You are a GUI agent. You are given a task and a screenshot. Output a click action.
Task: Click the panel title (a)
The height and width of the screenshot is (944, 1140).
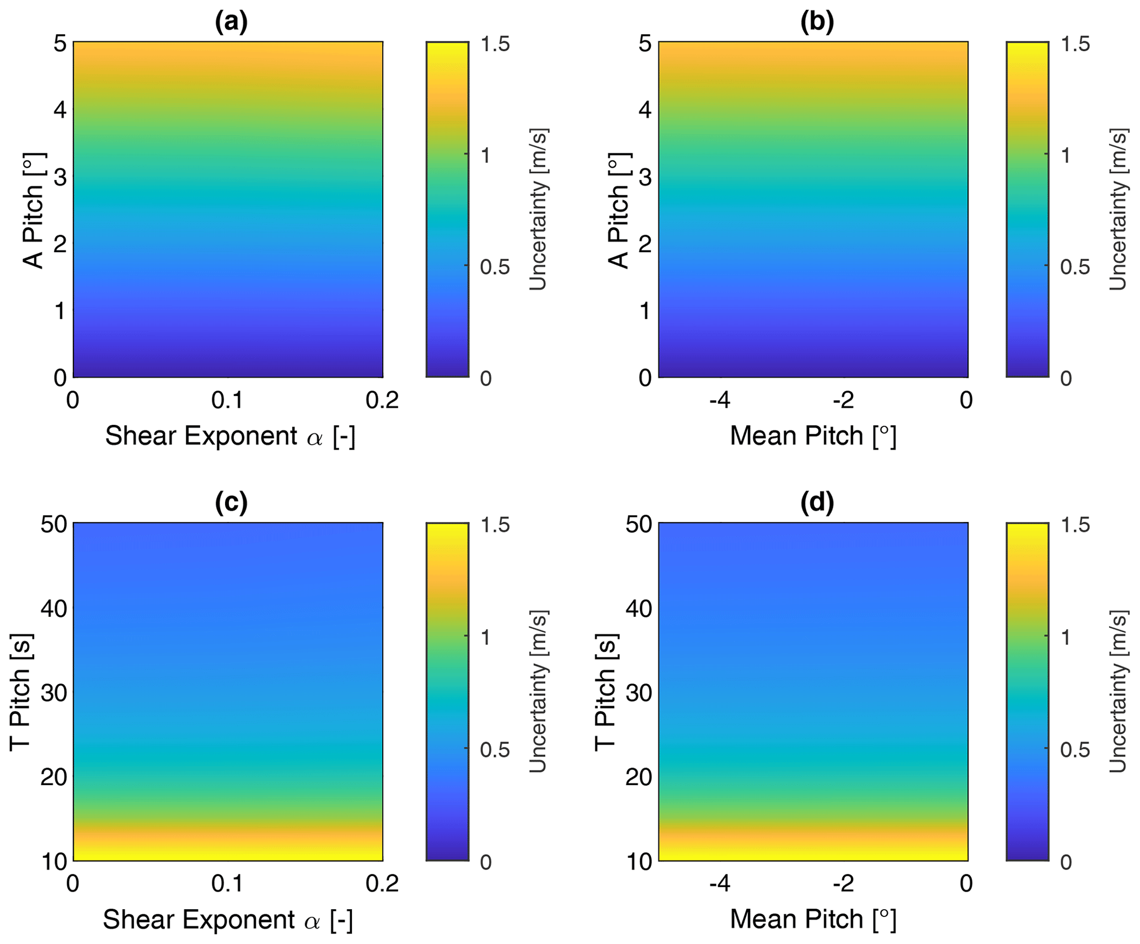tap(231, 22)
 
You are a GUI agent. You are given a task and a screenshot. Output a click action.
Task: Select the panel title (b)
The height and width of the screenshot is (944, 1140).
tap(817, 22)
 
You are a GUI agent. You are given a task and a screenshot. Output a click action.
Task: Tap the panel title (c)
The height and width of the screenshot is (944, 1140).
tap(231, 502)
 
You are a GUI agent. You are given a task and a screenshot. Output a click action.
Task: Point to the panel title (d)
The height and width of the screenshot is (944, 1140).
tap(817, 502)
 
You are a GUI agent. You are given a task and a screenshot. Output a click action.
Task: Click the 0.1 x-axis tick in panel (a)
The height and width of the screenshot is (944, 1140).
tap(227, 400)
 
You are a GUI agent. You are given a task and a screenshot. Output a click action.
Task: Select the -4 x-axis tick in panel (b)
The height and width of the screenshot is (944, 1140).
tap(720, 400)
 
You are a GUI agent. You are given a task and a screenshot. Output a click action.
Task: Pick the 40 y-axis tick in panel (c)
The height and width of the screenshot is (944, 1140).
tap(54, 609)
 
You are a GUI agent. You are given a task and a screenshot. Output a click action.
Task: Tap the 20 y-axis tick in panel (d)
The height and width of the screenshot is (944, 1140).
tap(639, 777)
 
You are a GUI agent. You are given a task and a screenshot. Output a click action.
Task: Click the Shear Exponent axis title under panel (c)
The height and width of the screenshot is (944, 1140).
tap(228, 920)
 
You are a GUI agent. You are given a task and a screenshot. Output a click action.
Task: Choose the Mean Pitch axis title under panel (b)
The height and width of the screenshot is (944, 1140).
tap(813, 436)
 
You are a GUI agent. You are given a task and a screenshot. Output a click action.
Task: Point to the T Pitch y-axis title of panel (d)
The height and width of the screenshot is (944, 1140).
tap(606, 692)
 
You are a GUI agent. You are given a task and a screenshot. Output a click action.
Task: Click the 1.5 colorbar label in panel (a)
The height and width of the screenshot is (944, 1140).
tap(495, 44)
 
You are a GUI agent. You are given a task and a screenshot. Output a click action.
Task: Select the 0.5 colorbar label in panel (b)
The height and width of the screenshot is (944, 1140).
tap(1075, 267)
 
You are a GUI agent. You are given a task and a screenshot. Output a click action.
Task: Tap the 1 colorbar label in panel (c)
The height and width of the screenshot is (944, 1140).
tap(485, 638)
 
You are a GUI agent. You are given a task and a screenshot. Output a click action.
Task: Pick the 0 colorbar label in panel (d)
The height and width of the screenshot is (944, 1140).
tap(1066, 862)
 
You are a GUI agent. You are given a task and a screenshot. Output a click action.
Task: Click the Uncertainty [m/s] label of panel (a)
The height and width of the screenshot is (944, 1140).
tap(538, 210)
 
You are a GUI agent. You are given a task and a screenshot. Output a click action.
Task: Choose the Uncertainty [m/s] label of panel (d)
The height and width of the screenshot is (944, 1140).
tap(1118, 691)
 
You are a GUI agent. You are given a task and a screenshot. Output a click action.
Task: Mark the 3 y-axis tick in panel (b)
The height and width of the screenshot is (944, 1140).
tap(645, 177)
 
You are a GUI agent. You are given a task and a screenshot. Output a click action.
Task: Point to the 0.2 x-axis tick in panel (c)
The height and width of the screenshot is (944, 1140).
tap(382, 884)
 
